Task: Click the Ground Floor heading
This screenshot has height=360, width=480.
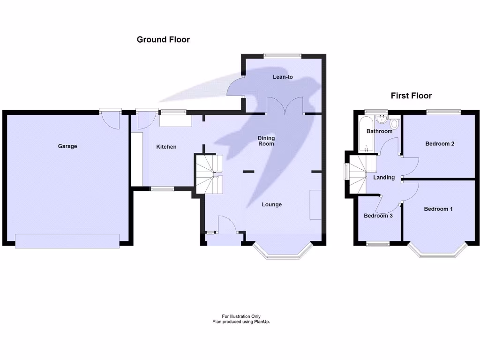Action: click(x=163, y=39)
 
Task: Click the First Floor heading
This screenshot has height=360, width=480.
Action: click(x=411, y=96)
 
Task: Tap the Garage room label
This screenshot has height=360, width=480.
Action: click(x=67, y=146)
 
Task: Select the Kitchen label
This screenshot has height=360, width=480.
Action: click(x=166, y=147)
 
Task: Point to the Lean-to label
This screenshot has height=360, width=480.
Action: click(x=283, y=76)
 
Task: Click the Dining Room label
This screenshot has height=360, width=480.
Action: click(x=266, y=141)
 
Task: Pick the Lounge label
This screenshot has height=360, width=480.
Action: click(x=272, y=204)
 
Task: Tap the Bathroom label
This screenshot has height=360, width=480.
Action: click(x=379, y=131)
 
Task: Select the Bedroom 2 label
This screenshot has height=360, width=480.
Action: click(x=440, y=144)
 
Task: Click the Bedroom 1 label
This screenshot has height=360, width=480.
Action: click(x=438, y=209)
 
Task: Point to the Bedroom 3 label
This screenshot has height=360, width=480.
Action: click(x=378, y=216)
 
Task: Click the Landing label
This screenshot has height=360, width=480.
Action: click(x=384, y=178)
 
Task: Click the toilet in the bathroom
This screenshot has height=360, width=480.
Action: click(x=393, y=124)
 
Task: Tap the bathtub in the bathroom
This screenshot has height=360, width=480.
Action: click(x=365, y=135)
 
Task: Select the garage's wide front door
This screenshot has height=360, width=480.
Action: click(x=67, y=240)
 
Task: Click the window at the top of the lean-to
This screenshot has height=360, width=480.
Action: click(x=282, y=55)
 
